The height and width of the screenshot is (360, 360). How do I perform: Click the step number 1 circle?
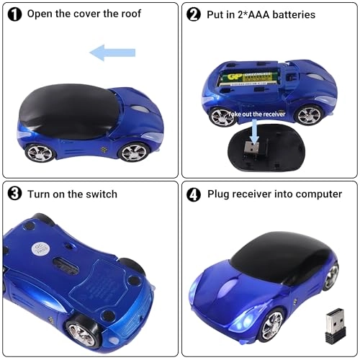[x=14, y=14]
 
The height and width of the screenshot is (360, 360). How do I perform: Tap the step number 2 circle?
[x=194, y=14]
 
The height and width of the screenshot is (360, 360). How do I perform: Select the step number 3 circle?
[x=14, y=194]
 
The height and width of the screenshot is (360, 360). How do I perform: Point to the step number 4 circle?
[x=194, y=194]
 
